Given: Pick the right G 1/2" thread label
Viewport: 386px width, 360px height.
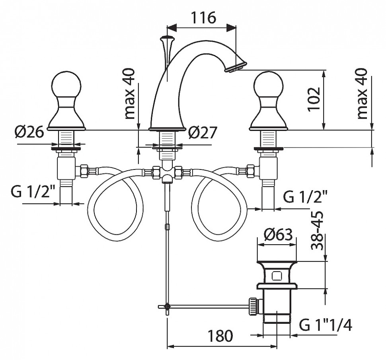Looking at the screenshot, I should pyautogui.click(x=306, y=196).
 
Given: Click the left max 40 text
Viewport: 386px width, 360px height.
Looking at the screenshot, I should pyautogui.click(x=130, y=94).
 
